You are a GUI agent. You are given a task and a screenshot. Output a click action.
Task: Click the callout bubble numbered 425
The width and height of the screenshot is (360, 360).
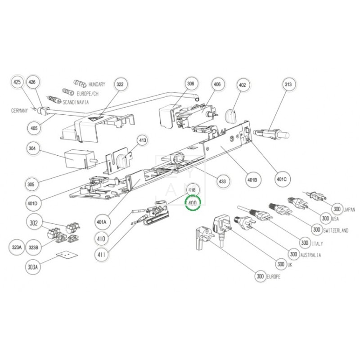[x=17, y=83]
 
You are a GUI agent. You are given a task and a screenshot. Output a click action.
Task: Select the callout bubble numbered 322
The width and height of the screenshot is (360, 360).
[x=120, y=84]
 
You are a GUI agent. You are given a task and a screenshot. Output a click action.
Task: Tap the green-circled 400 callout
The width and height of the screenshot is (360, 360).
[x=193, y=203]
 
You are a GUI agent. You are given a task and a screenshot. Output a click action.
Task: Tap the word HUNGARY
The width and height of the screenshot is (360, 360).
[x=97, y=84]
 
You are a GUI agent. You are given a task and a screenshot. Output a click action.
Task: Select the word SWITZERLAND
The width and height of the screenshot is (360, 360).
[x=336, y=230]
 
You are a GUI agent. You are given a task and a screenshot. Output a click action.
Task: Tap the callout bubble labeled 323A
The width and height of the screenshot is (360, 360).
[x=17, y=247]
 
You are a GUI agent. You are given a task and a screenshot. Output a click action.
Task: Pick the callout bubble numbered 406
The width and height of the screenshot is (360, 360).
[x=217, y=84]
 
